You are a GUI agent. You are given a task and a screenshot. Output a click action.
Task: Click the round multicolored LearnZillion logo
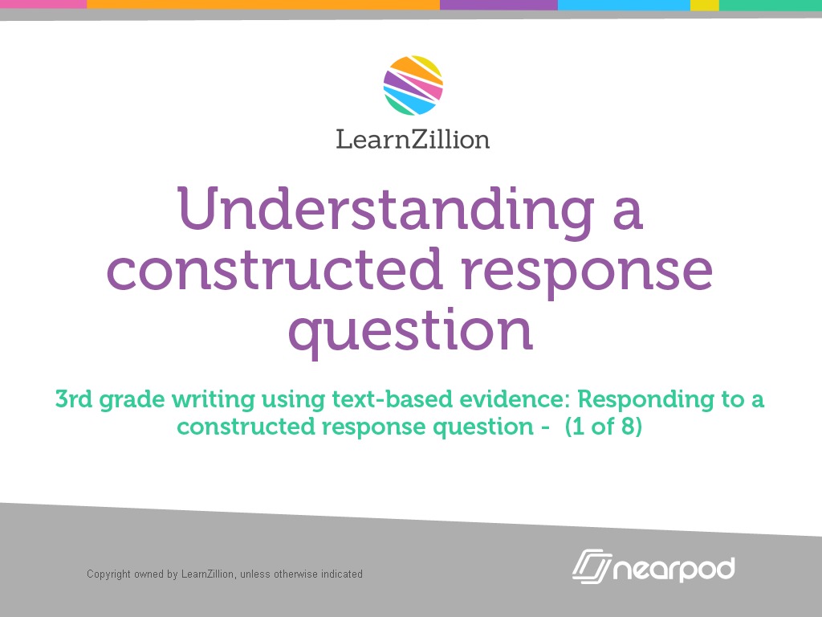[x=413, y=85]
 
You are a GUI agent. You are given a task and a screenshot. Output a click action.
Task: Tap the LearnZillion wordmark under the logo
[x=413, y=139]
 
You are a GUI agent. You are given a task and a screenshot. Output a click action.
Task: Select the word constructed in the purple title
[x=275, y=270]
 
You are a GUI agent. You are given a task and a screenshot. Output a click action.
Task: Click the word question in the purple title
[x=410, y=332]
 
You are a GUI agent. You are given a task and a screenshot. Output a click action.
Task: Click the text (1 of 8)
[x=603, y=427]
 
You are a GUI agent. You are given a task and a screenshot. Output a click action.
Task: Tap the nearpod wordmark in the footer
[x=673, y=569]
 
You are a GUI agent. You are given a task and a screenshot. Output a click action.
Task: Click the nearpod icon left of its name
[x=591, y=566]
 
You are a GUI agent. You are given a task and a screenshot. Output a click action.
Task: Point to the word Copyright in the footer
[x=108, y=574]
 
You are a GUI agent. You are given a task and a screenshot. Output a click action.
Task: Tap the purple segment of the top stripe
[x=498, y=4]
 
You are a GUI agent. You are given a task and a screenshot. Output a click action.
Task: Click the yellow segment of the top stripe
[x=704, y=4]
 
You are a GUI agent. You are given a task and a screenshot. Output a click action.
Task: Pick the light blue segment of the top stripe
[x=624, y=4]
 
